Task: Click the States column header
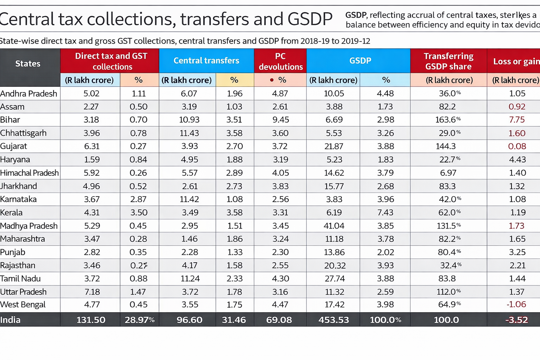[28, 64]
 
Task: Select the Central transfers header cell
[206, 60]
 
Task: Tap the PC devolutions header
[280, 61]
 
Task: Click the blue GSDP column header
[360, 60]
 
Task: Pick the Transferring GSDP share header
[448, 61]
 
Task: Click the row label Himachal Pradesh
[29, 173]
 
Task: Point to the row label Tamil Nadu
[20, 279]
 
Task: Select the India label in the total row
[10, 320]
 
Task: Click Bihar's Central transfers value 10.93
[189, 120]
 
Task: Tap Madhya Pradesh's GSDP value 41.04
[334, 226]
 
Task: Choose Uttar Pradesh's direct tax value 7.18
[92, 292]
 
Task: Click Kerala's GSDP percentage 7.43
[385, 212]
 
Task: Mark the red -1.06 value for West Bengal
[516, 304]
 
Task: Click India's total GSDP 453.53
[333, 320]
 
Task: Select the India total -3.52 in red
[516, 320]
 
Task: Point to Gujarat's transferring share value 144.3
[445, 146]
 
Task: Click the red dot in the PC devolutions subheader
[272, 80]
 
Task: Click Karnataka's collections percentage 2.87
[138, 199]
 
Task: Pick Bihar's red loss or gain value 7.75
[516, 120]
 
